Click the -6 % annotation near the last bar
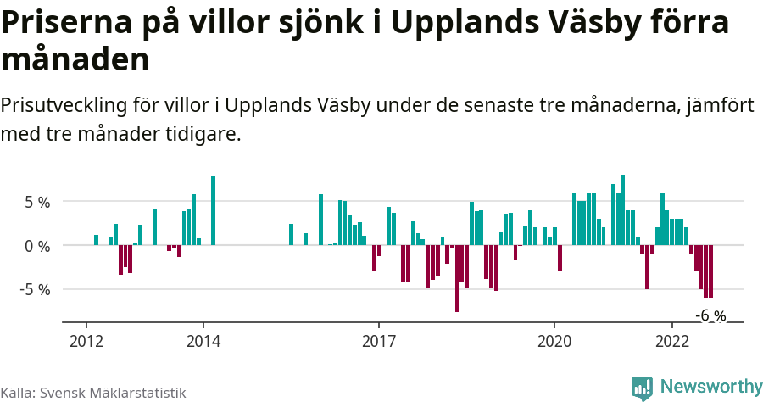tap(710, 315)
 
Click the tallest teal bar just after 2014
tap(213, 212)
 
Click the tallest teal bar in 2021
tap(622, 210)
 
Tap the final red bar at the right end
tap(710, 271)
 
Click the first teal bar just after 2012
tap(96, 240)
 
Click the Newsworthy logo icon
tap(642, 388)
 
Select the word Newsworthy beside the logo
tap(710, 387)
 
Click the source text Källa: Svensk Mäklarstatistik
tap(93, 393)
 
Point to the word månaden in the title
tap(75, 59)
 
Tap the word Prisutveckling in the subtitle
tap(64, 106)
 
